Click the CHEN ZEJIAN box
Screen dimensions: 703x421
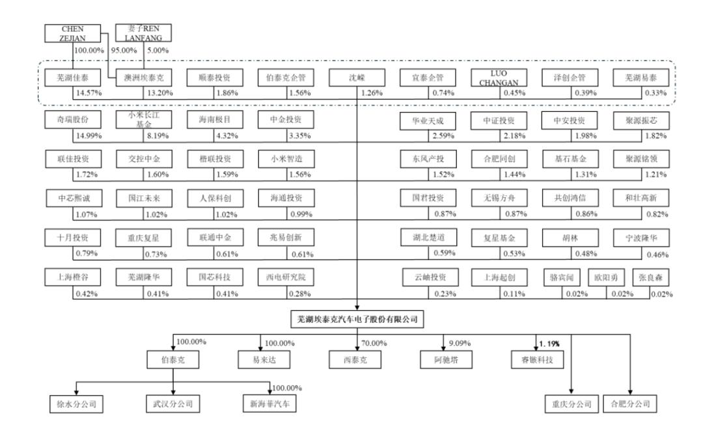pyautogui.click(x=73, y=33)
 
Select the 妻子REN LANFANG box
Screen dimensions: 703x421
pyautogui.click(x=143, y=33)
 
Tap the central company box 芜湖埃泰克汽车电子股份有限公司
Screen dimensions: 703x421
pyautogui.click(x=357, y=319)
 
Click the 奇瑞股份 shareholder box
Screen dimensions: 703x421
pyautogui.click(x=73, y=120)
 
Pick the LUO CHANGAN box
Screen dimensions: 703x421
pyautogui.click(x=499, y=77)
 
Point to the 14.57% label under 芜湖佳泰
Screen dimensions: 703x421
pyautogui.click(x=89, y=93)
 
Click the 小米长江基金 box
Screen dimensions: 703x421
pyautogui.click(x=143, y=120)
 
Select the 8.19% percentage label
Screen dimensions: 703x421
pyautogui.click(x=158, y=135)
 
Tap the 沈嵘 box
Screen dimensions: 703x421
pyautogui.click(x=357, y=77)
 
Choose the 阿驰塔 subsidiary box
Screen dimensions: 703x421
pyautogui.click(x=446, y=360)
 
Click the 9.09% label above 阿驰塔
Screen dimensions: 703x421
pyautogui.click(x=460, y=343)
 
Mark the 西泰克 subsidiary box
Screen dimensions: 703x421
pyautogui.click(x=355, y=360)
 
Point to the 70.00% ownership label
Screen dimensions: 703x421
pyautogui.click(x=374, y=343)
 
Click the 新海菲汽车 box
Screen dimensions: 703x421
pyautogui.click(x=269, y=403)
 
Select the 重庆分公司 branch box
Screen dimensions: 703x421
pyautogui.click(x=572, y=403)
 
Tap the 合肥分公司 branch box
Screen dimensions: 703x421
pyautogui.click(x=630, y=403)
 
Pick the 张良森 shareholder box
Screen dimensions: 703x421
pyautogui.click(x=650, y=278)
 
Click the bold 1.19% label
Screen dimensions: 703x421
pyautogui.click(x=549, y=344)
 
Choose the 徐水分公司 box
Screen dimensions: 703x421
pyautogui.click(x=76, y=403)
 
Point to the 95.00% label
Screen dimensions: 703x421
pyautogui.click(x=124, y=50)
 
